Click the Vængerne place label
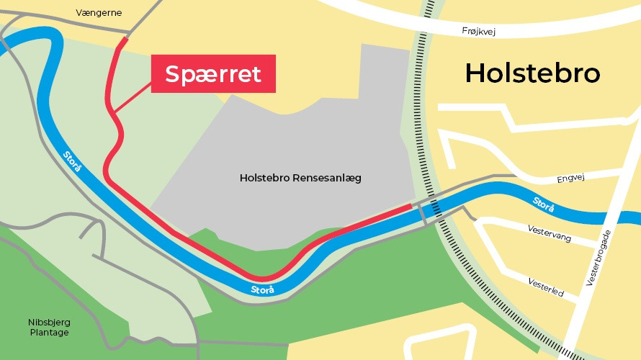pos(99,13)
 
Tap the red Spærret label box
pos(213,74)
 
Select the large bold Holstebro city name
pos(532,73)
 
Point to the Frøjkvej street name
pos(479,31)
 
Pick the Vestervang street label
pos(550,233)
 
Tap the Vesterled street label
pos(545,287)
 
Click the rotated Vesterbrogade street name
pos(599,260)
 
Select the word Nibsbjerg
pos(50,322)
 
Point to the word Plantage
pos(50,333)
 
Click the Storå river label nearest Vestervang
pos(544,204)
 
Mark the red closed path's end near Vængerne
pos(126,40)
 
